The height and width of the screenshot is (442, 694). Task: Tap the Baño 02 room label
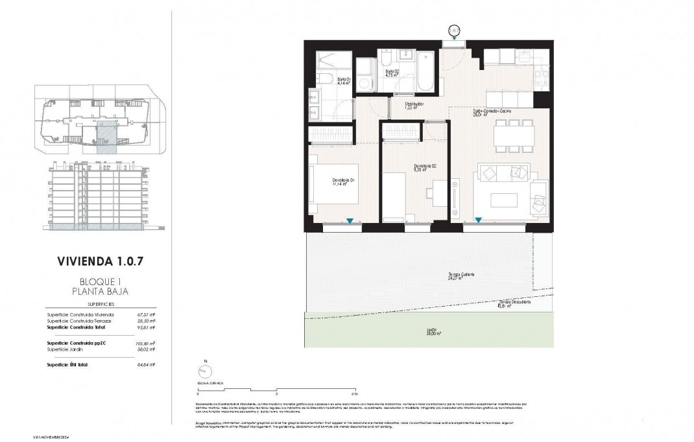pyautogui.click(x=391, y=73)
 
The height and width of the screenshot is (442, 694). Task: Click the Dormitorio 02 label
pyautogui.click(x=425, y=168)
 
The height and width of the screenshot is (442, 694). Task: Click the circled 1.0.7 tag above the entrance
pyautogui.click(x=454, y=30)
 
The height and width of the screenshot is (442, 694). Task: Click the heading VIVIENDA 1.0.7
pyautogui.click(x=99, y=262)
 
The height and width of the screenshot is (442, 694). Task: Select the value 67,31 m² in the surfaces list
pyautogui.click(x=147, y=315)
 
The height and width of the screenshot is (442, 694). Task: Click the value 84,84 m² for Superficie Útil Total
pyautogui.click(x=147, y=365)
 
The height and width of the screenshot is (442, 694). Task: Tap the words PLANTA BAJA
pyautogui.click(x=99, y=292)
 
